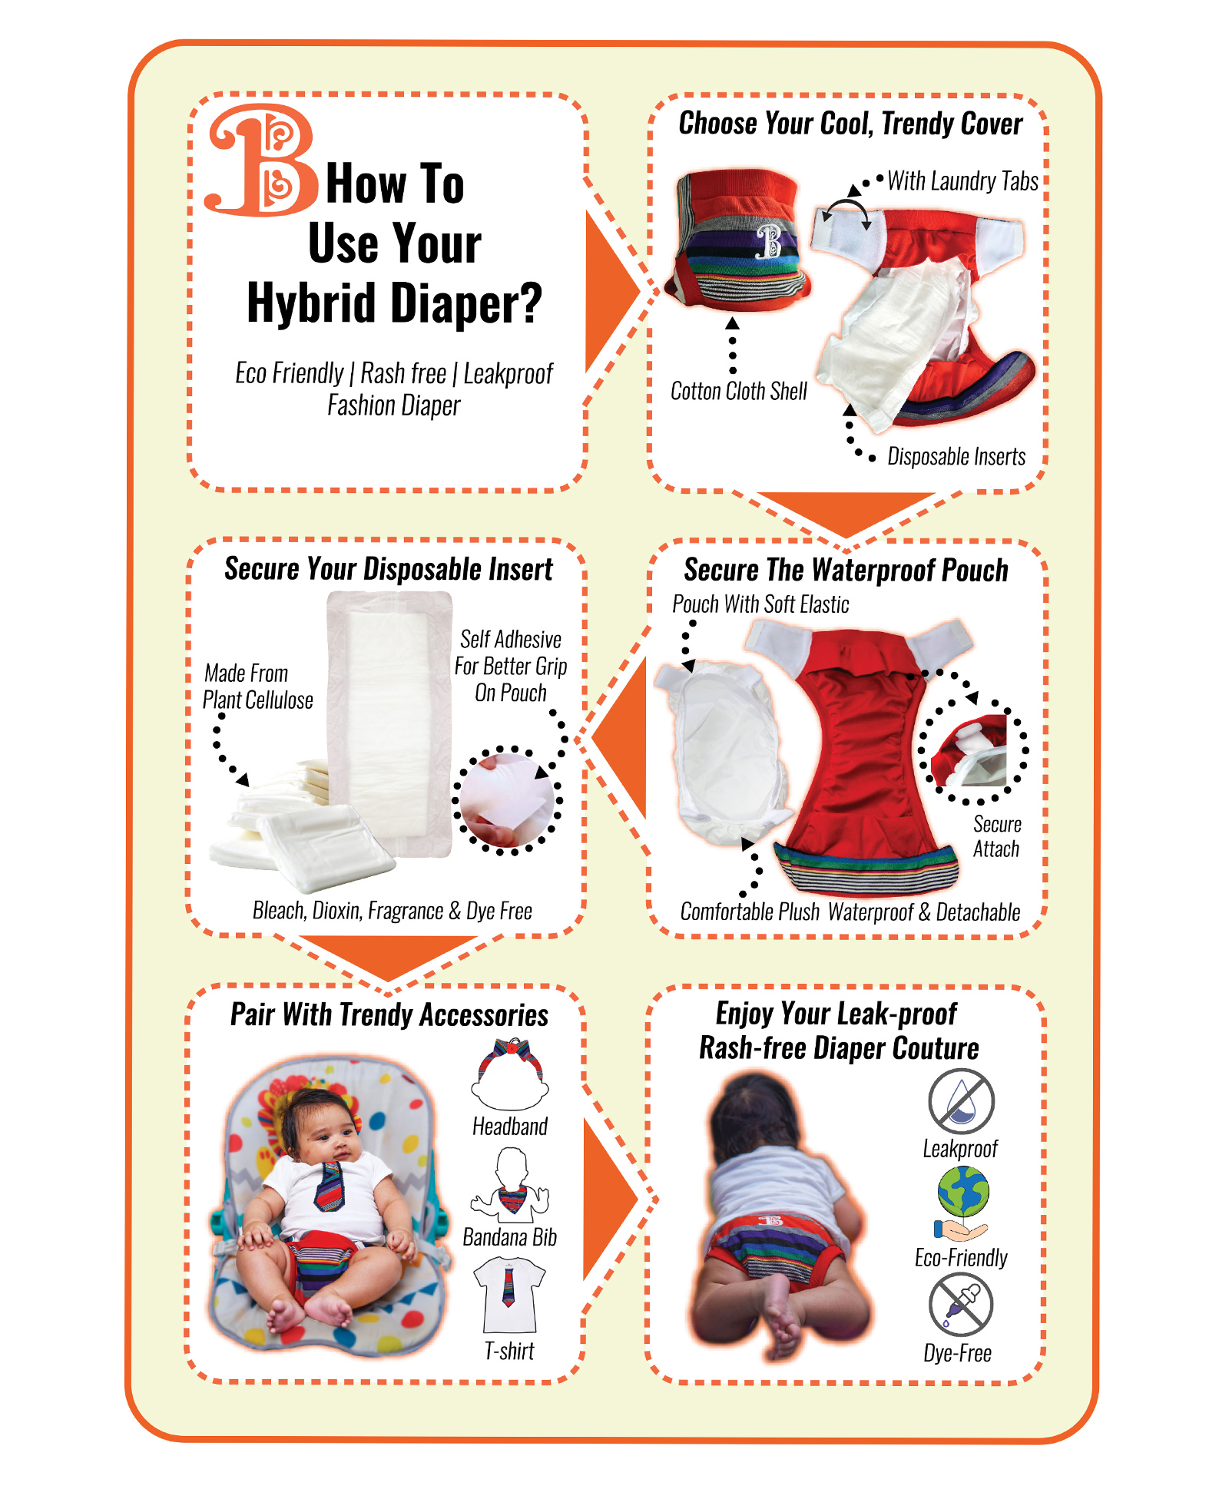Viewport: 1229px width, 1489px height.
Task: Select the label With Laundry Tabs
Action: tap(962, 180)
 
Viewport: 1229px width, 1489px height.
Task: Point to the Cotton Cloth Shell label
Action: tap(739, 391)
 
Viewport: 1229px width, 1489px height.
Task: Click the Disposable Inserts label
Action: tap(956, 457)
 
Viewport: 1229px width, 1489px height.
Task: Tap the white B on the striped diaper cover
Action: tap(769, 240)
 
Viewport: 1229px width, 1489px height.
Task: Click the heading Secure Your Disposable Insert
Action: tap(388, 569)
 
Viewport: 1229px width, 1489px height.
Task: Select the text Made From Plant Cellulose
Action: tap(258, 687)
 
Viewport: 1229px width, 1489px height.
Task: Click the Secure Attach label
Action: tap(997, 836)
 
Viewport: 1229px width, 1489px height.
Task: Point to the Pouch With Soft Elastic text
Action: tap(760, 604)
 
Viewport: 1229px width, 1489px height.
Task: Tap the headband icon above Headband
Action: tap(510, 1074)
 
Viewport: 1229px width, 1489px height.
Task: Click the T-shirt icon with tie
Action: tap(509, 1294)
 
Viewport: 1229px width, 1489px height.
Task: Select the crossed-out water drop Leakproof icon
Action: tap(961, 1101)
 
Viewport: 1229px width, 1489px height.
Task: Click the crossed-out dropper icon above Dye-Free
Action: tap(960, 1304)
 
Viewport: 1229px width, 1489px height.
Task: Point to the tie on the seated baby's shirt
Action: tap(330, 1185)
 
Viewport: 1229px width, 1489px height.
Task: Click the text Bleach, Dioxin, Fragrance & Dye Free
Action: tap(393, 911)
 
